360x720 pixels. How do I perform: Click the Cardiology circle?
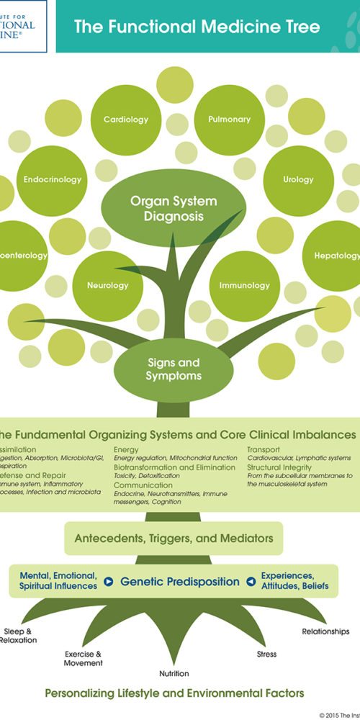tap(126, 119)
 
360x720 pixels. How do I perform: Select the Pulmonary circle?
tap(229, 119)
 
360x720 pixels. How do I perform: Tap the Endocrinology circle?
tap(53, 179)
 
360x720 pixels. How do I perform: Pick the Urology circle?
tap(298, 179)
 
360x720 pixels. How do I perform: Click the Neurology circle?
tap(108, 285)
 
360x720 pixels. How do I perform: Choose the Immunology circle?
tap(243, 285)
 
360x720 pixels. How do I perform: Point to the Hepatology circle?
tap(335, 256)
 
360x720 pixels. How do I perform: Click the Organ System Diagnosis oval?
tap(173, 208)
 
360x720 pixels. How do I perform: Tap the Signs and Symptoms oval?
tap(174, 369)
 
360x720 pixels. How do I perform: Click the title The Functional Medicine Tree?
tap(197, 27)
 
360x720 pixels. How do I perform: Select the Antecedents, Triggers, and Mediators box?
tap(174, 538)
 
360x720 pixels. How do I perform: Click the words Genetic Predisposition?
tap(180, 581)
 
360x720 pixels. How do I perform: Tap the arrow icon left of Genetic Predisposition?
tap(109, 581)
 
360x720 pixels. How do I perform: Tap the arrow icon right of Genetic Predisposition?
tap(251, 581)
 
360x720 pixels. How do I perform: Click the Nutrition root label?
tap(174, 674)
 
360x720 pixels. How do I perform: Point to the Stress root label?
tap(266, 654)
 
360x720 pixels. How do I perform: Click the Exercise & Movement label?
tap(84, 658)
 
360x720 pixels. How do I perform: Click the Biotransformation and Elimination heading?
tap(174, 467)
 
